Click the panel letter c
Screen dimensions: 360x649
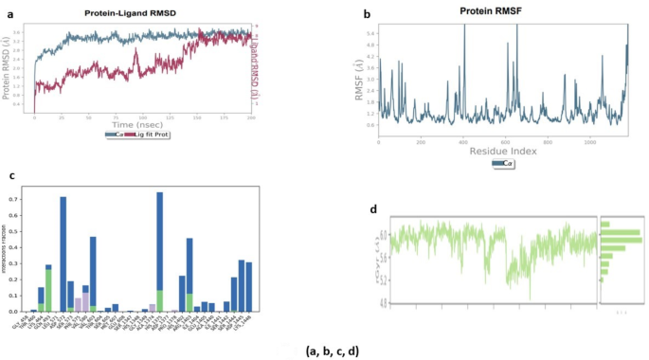pos(10,176)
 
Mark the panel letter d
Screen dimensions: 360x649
pos(374,208)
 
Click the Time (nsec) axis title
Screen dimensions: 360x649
pos(143,124)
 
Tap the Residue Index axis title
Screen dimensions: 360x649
pos(503,150)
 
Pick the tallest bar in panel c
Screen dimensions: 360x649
pos(159,251)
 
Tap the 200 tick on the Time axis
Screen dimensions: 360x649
pos(250,117)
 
